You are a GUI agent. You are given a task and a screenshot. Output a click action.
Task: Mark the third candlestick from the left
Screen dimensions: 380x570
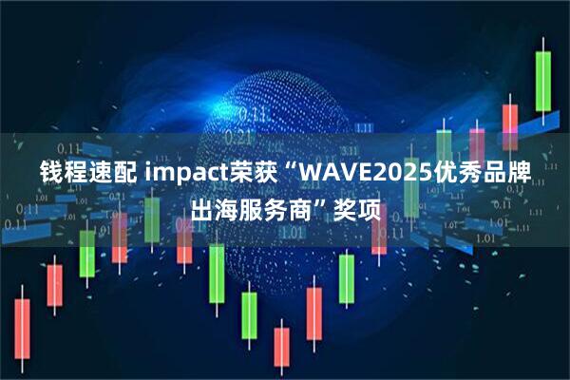(86, 251)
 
